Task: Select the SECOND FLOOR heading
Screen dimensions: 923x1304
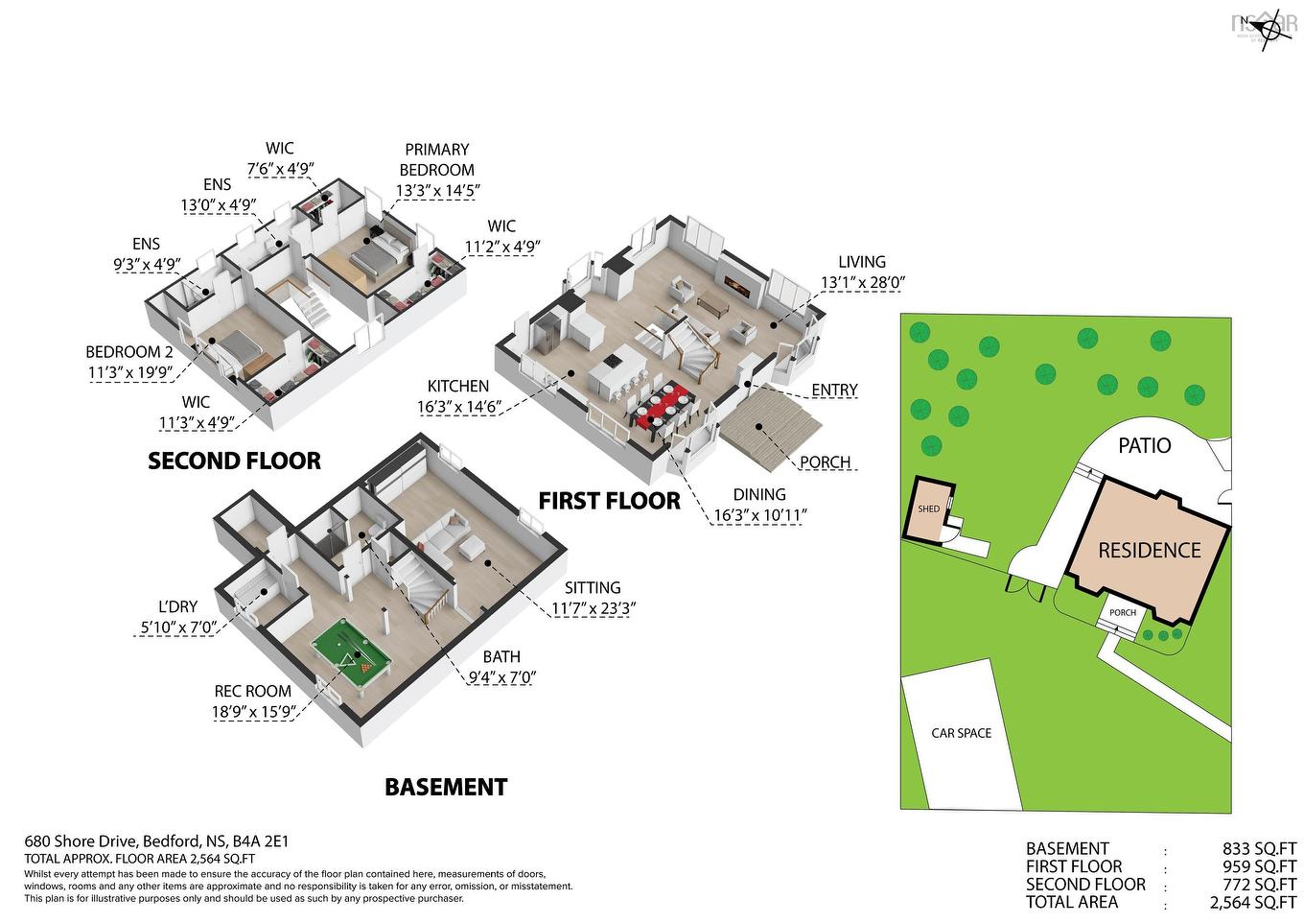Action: tap(234, 461)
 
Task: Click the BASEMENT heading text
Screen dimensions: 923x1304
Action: tap(445, 788)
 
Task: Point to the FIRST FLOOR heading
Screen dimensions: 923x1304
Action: tap(609, 501)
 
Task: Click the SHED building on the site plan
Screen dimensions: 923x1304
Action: tap(928, 509)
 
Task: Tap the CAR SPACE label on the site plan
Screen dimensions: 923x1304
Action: tap(961, 733)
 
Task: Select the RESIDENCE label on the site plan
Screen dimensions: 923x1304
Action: tap(1149, 551)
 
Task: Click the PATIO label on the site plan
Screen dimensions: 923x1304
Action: tap(1144, 446)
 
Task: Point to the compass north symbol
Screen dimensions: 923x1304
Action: tap(1269, 29)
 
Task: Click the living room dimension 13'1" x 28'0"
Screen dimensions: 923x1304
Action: tap(863, 283)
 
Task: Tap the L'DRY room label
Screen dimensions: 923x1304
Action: tap(177, 606)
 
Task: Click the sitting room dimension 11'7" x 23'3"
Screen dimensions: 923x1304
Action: tap(594, 608)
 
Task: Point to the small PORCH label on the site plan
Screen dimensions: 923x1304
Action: tap(1122, 612)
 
